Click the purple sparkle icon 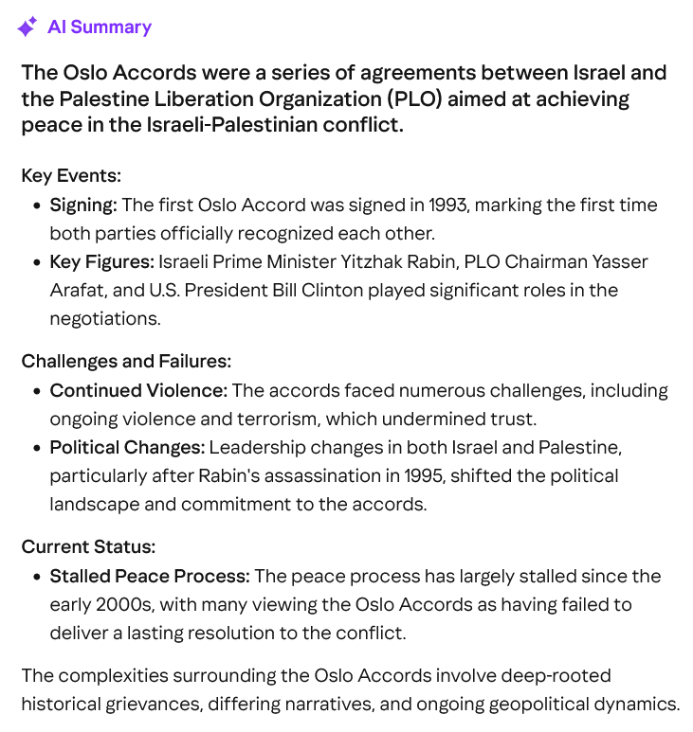coord(27,27)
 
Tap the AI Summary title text coord(100,27)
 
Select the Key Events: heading coord(71,175)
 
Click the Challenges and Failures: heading coord(126,361)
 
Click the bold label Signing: coord(83,205)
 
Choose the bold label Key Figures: coord(101,261)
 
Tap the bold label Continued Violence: coord(138,390)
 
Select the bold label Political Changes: coord(127,447)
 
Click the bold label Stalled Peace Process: coord(150,576)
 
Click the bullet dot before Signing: coord(37,205)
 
